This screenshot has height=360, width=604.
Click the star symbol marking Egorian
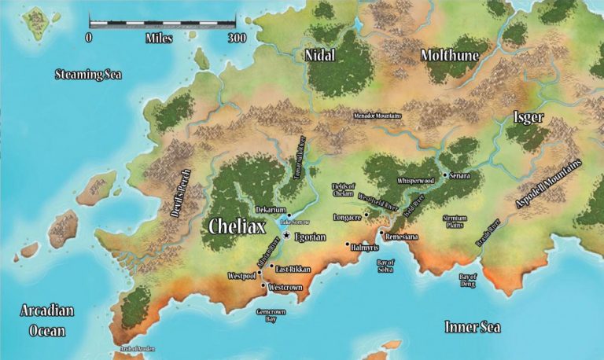pyautogui.click(x=288, y=236)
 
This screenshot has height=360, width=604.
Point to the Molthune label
pyautogui.click(x=449, y=55)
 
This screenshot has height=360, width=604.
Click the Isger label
pyautogui.click(x=528, y=117)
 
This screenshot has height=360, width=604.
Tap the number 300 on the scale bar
pyautogui.click(x=236, y=37)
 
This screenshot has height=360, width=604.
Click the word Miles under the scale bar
pyautogui.click(x=160, y=37)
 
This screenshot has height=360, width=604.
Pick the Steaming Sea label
pyautogui.click(x=88, y=75)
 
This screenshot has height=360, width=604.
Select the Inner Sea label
pyautogui.click(x=473, y=326)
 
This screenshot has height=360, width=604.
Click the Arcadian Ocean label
pyautogui.click(x=46, y=320)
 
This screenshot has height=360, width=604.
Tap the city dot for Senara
pyautogui.click(x=444, y=174)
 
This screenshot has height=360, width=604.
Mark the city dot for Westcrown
pyautogui.click(x=263, y=285)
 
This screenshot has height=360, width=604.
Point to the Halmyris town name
pyautogui.click(x=370, y=247)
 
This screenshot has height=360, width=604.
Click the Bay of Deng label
pyautogui.click(x=468, y=279)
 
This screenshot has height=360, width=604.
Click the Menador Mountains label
pyautogui.click(x=373, y=116)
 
